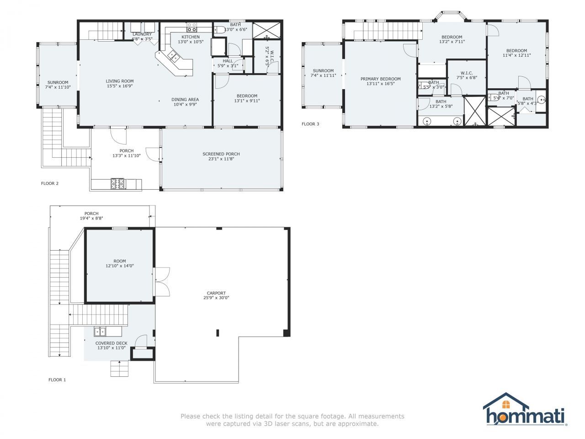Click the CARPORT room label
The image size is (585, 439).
click(x=216, y=293)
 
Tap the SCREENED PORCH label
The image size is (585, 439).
click(x=221, y=154)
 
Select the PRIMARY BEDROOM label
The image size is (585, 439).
click(x=380, y=79)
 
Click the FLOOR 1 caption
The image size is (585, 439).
click(x=57, y=380)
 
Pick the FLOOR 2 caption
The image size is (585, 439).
click(x=50, y=183)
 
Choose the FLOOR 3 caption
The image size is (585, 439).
click(x=310, y=124)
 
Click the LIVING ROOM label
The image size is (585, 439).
click(x=120, y=81)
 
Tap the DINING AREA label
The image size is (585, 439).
click(x=185, y=99)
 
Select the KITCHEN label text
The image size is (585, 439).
click(x=191, y=37)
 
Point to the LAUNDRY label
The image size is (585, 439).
click(x=142, y=34)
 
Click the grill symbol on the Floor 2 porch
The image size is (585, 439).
click(x=117, y=183)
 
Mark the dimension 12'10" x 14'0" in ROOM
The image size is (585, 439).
click(x=120, y=266)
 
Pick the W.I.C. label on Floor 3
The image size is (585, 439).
click(x=467, y=73)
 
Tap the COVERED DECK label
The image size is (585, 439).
click(x=112, y=343)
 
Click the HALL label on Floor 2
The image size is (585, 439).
click(x=228, y=61)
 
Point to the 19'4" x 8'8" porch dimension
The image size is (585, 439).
click(x=91, y=218)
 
